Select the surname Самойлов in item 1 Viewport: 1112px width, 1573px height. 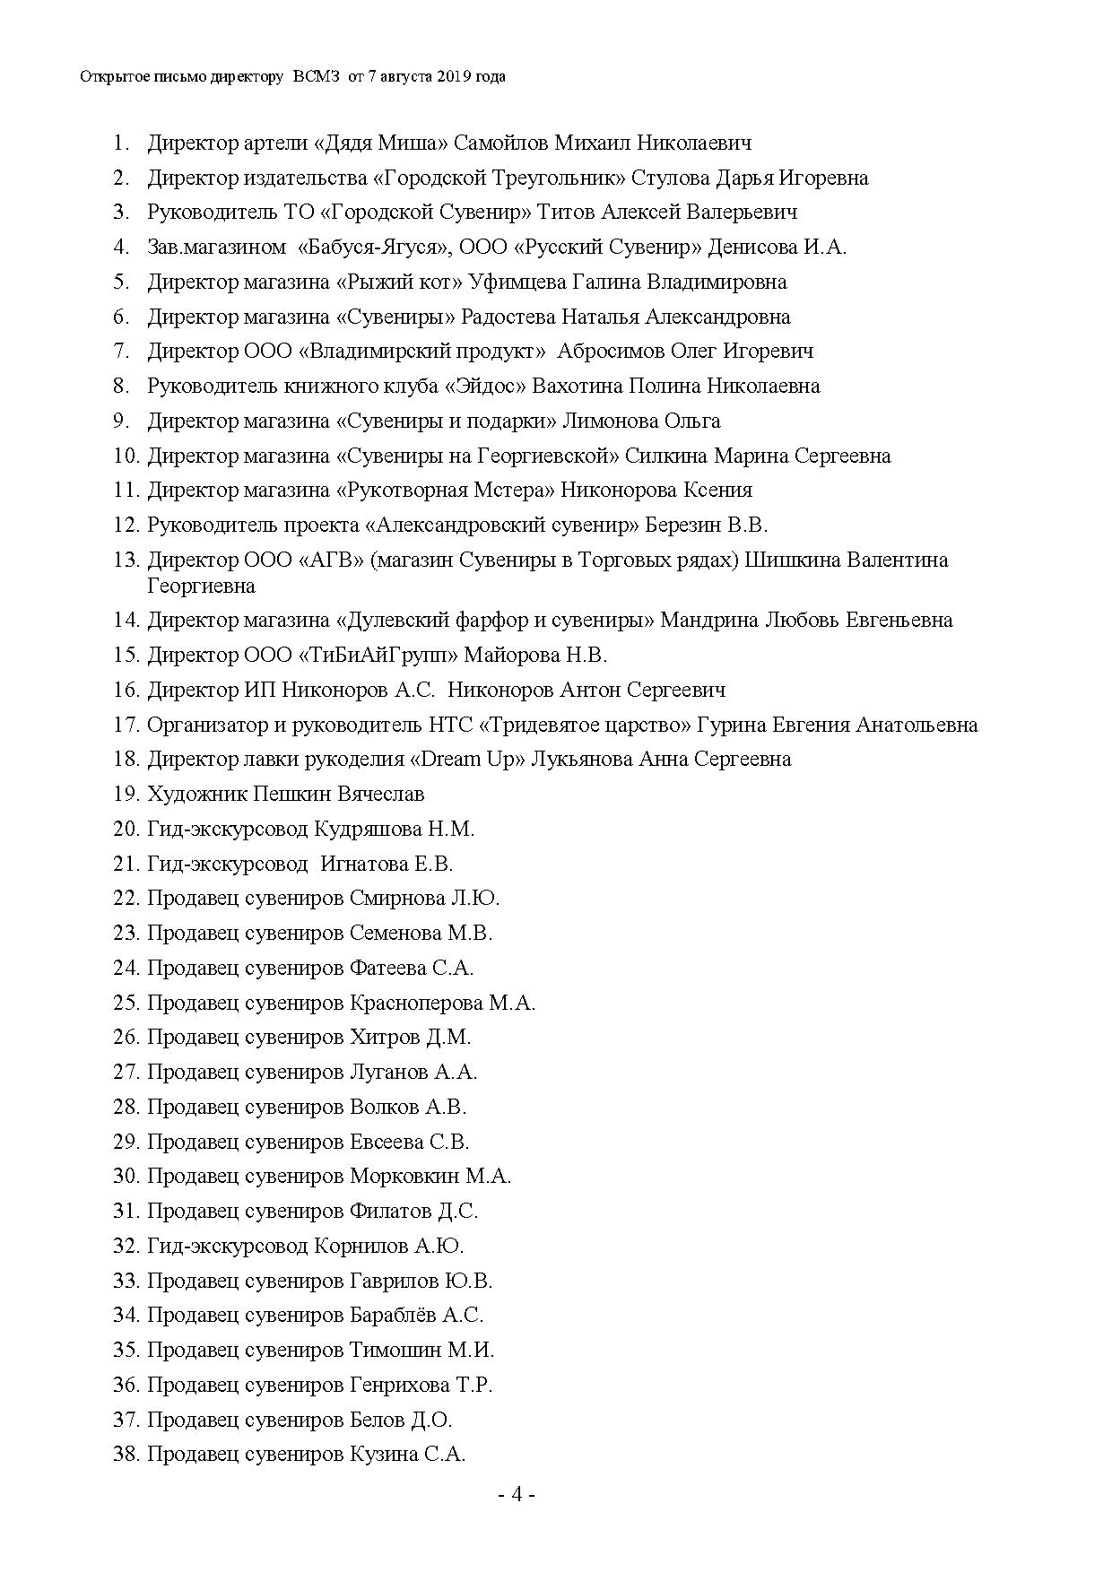pos(500,143)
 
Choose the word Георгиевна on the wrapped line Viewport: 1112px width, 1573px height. pos(201,586)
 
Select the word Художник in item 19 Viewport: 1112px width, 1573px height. pos(197,794)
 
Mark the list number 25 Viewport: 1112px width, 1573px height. pos(126,1003)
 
